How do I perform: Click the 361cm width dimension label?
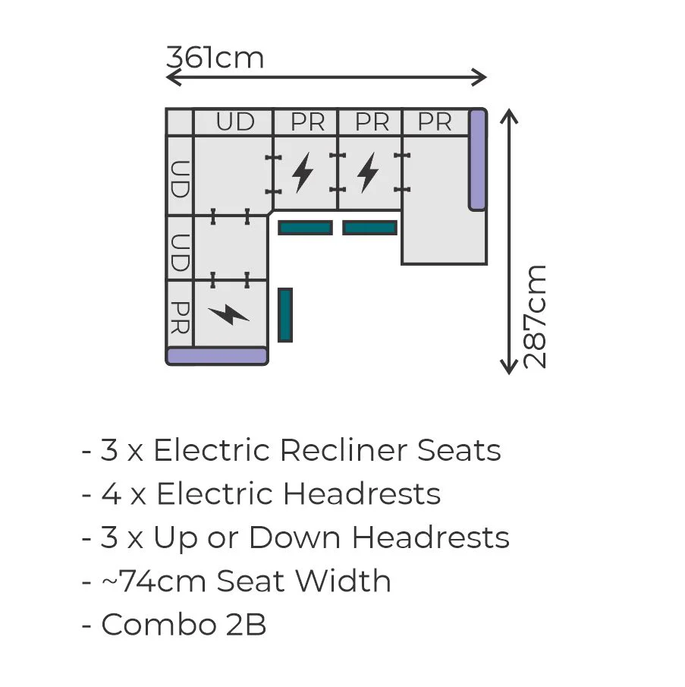click(215, 58)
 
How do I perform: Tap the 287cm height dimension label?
click(535, 317)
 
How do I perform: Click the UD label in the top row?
click(235, 121)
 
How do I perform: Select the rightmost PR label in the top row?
click(434, 121)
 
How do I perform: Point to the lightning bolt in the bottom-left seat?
click(228, 314)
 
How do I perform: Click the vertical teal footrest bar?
click(285, 314)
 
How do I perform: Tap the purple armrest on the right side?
click(477, 160)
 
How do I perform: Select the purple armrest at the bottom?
click(217, 355)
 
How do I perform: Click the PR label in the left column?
click(180, 317)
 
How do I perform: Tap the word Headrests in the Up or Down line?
click(431, 537)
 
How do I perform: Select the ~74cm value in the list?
click(154, 581)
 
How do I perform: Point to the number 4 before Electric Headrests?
click(112, 493)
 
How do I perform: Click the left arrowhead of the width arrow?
click(173, 77)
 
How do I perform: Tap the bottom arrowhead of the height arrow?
click(508, 367)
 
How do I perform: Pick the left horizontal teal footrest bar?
click(305, 228)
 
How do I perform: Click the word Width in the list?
click(343, 581)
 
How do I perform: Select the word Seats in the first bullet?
click(459, 450)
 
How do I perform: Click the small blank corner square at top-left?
click(180, 121)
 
